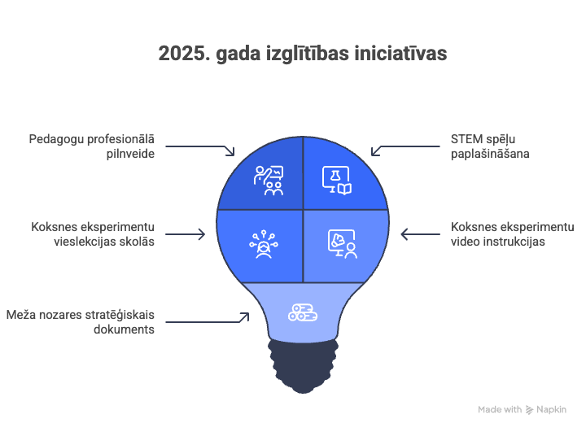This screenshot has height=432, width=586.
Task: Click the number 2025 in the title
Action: coord(182,54)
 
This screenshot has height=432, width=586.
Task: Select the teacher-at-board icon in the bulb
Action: coord(269,181)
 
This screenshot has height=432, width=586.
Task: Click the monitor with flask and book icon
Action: coord(337,181)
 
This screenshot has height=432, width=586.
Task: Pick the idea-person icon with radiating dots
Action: coord(264,244)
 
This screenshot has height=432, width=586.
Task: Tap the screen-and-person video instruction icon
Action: coord(343,244)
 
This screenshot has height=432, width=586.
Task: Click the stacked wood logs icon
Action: coord(303,312)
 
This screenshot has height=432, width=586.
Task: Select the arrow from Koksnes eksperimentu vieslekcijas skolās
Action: coord(186,234)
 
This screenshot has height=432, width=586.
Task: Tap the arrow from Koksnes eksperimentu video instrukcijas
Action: coord(421,234)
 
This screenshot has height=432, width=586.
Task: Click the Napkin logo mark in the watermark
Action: coord(529,410)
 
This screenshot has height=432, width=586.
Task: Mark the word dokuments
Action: coord(124,329)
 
